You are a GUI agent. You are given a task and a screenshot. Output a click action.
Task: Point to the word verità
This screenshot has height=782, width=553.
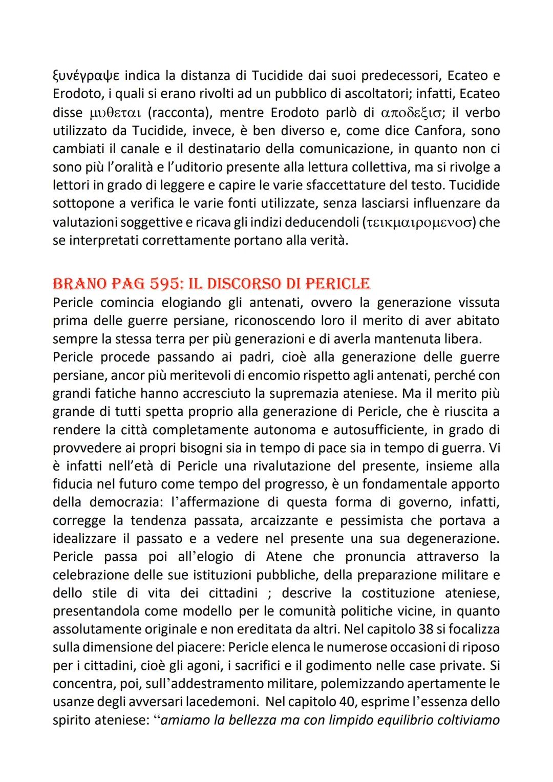pos(329,241)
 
